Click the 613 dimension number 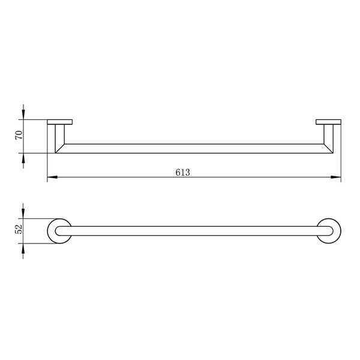click(183, 172)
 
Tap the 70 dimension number click(19, 135)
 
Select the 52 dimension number click(19, 229)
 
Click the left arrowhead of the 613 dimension click(52, 177)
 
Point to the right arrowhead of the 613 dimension click(336, 177)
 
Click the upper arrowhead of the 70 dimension click(23, 115)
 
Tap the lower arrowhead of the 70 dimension click(23, 158)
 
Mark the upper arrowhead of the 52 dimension click(23, 214)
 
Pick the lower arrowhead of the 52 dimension click(23, 248)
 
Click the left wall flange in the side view click(60, 122)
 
